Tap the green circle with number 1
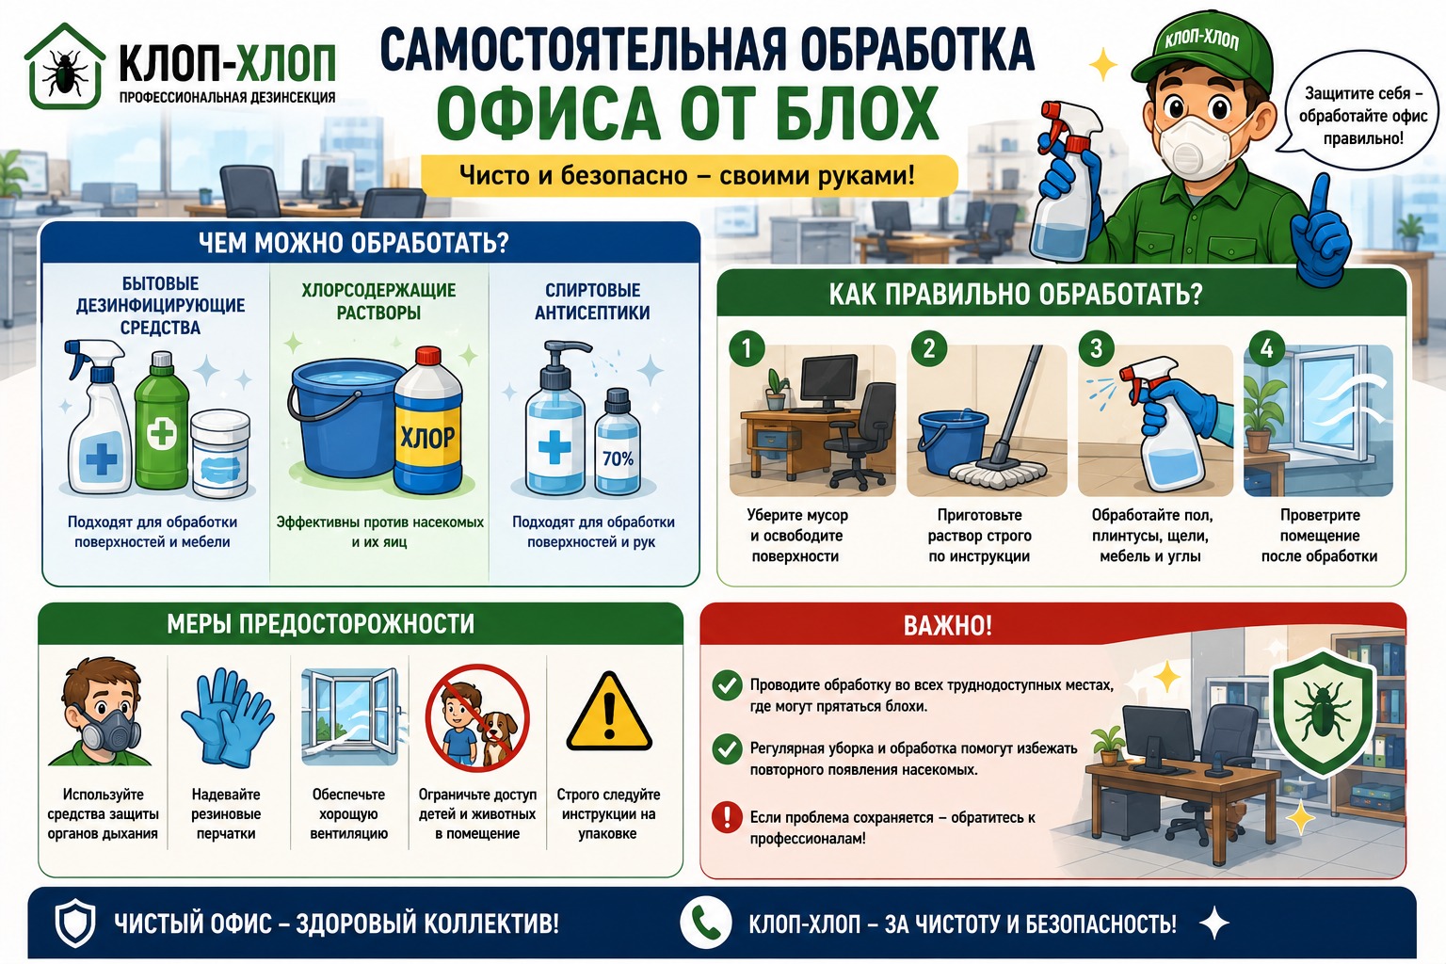click(747, 349)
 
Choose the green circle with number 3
click(1096, 349)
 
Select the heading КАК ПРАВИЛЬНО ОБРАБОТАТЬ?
click(1016, 295)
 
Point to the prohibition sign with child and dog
click(477, 717)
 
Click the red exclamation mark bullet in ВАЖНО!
click(727, 817)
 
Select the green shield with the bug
click(1323, 713)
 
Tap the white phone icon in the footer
click(705, 922)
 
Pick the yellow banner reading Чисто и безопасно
click(689, 175)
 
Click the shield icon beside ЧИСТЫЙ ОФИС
click(75, 923)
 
